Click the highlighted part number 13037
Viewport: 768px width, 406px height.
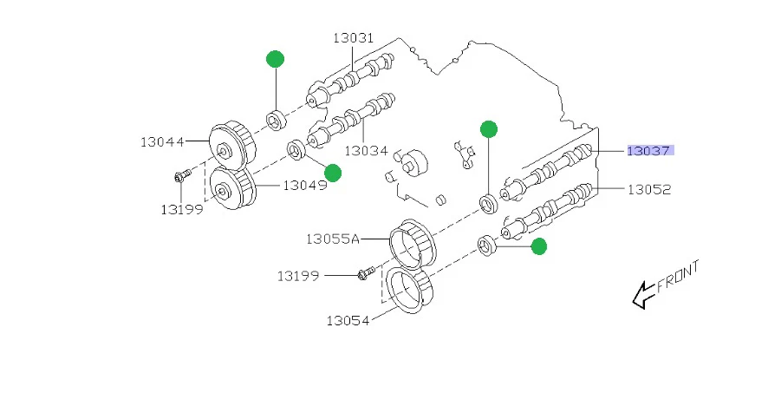649,150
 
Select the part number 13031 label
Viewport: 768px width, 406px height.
353,37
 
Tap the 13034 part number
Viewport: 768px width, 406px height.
368,150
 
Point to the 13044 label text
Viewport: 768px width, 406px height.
163,140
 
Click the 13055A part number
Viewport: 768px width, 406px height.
331,237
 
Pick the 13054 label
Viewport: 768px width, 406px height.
348,320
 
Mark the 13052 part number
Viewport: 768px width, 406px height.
649,188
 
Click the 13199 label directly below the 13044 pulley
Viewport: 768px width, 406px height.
181,209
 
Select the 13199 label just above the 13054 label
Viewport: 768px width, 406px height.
299,276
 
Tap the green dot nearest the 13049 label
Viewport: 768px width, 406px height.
333,174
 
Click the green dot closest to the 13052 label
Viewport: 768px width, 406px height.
538,247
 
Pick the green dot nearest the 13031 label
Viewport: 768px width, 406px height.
275,59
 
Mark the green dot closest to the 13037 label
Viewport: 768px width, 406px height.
489,129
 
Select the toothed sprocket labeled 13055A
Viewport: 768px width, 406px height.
413,242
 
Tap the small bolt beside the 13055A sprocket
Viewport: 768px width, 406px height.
364,275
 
